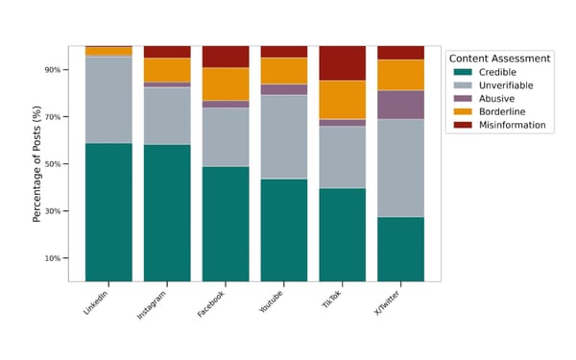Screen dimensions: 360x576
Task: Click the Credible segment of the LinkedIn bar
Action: (108, 212)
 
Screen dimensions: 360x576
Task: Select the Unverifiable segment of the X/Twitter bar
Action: (400, 168)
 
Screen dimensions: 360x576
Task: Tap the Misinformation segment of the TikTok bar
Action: (342, 63)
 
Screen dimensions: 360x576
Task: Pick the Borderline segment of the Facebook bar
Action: (226, 84)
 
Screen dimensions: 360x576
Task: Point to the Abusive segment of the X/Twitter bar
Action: (400, 105)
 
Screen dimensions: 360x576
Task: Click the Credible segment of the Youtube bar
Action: (284, 229)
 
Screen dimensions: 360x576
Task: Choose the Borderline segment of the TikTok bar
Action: (342, 100)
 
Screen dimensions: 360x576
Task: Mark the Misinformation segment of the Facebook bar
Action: (226, 57)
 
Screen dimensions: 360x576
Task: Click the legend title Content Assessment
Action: (499, 59)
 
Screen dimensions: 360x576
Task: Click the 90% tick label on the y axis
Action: (51, 70)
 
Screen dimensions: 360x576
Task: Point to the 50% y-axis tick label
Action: (51, 164)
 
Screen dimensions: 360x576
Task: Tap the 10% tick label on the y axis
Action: (51, 258)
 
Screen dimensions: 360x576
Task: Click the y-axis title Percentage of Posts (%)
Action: (37, 164)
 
